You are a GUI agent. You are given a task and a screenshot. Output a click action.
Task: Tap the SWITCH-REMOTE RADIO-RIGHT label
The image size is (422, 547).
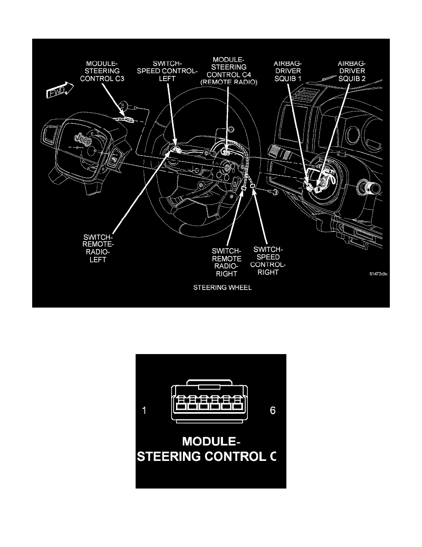[226, 263]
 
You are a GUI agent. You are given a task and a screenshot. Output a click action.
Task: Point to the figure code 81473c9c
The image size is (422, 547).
[379, 274]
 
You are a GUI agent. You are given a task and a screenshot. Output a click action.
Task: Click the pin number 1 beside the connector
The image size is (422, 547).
[144, 411]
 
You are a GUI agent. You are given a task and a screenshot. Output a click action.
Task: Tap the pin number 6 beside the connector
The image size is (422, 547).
[273, 410]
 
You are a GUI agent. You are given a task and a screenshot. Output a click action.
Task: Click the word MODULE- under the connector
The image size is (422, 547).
[211, 442]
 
